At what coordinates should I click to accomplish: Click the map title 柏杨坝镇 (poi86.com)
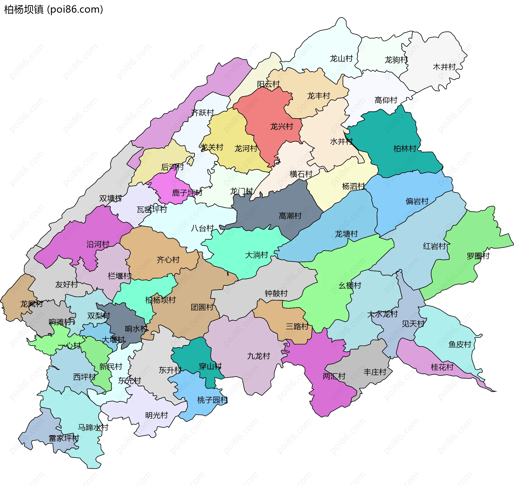54,10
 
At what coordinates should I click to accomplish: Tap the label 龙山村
341,59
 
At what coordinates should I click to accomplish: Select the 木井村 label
444,67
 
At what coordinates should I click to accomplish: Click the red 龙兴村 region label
282,127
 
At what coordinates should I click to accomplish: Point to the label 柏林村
405,149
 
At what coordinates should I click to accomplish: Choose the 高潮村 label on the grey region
290,216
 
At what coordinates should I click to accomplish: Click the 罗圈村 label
478,256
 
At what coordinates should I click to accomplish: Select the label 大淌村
257,255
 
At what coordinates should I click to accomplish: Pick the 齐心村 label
168,260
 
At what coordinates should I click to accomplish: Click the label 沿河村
98,244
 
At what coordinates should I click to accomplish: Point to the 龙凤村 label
32,304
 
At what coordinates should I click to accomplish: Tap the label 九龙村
259,356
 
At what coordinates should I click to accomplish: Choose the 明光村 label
157,415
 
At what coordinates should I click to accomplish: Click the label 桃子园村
213,400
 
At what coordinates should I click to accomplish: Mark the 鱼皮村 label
460,344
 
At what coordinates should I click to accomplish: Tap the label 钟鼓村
276,294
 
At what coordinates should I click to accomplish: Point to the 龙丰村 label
319,96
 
